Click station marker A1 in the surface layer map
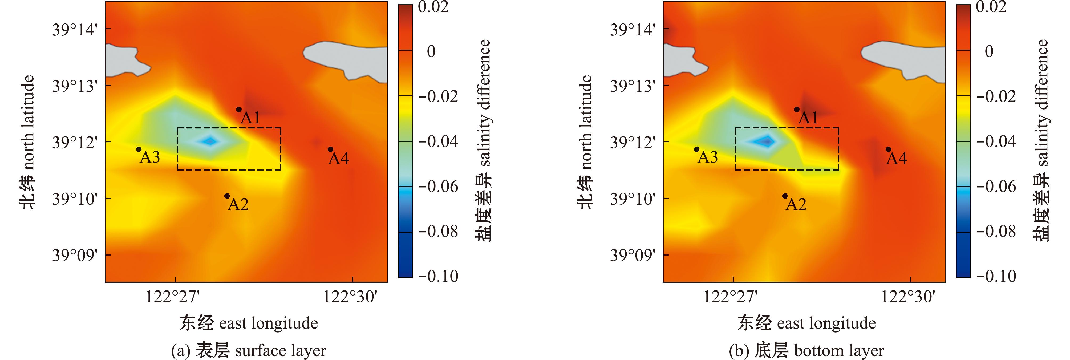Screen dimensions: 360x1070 tap(239, 109)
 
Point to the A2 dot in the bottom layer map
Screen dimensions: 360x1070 tap(785, 196)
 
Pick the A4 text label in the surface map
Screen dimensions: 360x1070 tap(339, 159)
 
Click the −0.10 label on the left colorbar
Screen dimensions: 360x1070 tap(438, 276)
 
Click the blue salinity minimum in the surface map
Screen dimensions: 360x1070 tap(210, 141)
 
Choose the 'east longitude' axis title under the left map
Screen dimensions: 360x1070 tap(248, 323)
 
